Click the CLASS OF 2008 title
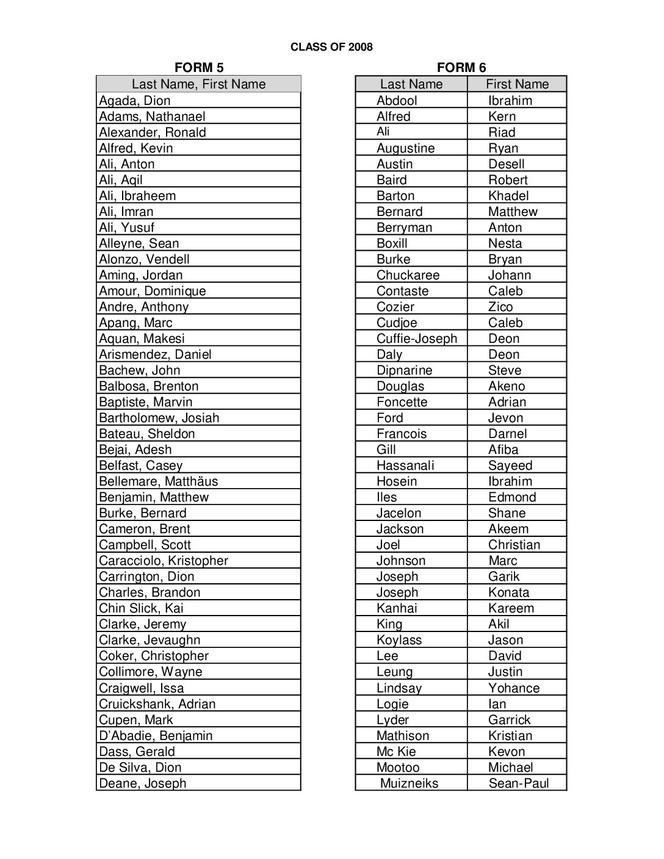pos(331,47)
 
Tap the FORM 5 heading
pos(198,68)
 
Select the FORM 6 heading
pos(461,68)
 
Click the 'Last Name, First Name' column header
pos(198,84)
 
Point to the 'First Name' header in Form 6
pos(517,84)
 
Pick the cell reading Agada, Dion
pos(135,101)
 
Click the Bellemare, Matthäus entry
pos(158,481)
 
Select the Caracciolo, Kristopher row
pos(164,561)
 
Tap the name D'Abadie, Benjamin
pos(156,736)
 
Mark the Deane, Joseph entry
pos(142,783)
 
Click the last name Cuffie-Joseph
pos(417,339)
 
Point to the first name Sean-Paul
pos(519,783)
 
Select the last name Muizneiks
pos(409,783)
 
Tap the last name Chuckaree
pos(408,275)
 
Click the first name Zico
pos(500,307)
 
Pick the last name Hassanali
pos(405,465)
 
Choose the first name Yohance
pos(514,688)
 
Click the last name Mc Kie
pos(396,752)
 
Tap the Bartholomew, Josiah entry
pos(159,418)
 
